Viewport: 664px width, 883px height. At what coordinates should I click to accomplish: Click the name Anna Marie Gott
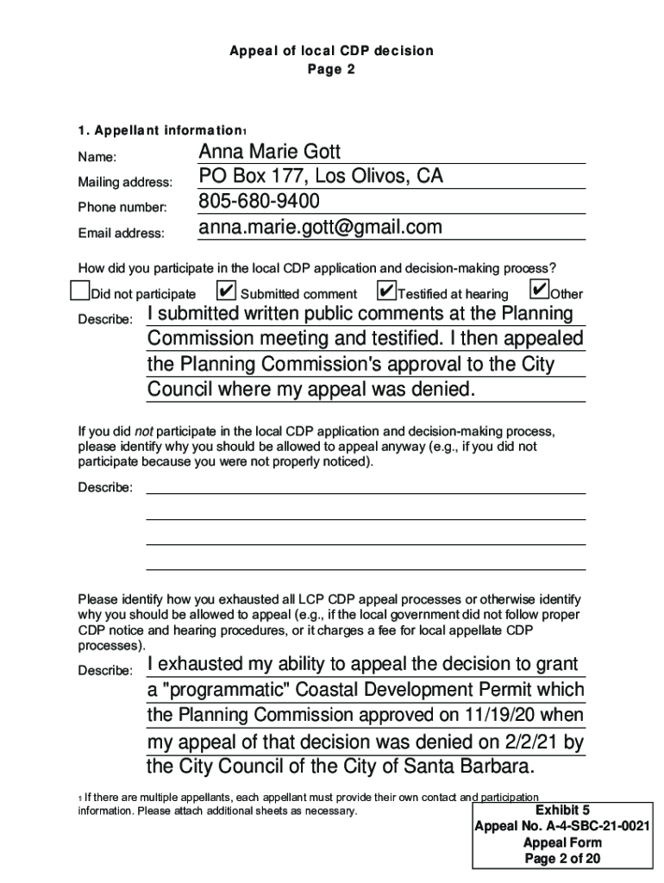(270, 153)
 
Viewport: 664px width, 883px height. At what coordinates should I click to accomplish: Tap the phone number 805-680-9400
(259, 202)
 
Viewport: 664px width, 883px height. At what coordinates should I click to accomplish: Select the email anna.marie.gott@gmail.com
(320, 227)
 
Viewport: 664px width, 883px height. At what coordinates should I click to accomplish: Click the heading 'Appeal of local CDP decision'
(331, 51)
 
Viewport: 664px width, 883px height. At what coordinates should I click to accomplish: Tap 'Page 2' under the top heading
(331, 70)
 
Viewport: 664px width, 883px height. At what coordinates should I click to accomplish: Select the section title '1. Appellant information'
(160, 131)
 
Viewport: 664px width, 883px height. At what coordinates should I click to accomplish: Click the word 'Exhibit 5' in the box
(562, 811)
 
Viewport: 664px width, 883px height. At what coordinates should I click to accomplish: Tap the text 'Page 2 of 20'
(562, 859)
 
